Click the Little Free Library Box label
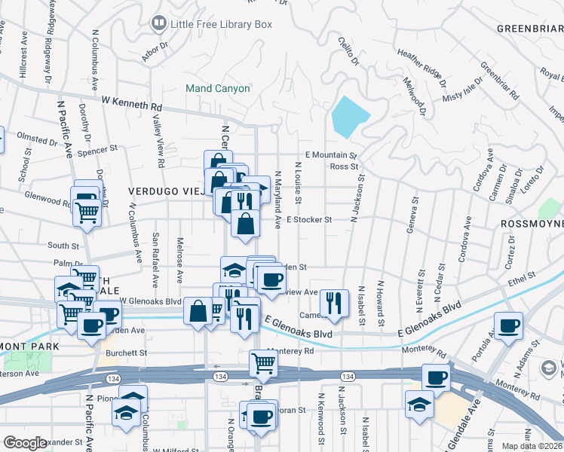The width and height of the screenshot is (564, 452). point(221,24)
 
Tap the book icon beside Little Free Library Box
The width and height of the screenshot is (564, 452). point(159,24)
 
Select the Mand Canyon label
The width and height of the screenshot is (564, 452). point(219,88)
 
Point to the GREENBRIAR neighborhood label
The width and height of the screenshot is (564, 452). point(529,29)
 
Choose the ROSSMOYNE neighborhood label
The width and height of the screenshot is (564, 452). point(532,224)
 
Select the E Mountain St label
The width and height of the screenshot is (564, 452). point(326,154)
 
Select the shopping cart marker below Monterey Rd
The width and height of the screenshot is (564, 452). point(263,363)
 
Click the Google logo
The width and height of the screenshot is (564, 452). point(25,443)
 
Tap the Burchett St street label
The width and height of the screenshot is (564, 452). point(126,353)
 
